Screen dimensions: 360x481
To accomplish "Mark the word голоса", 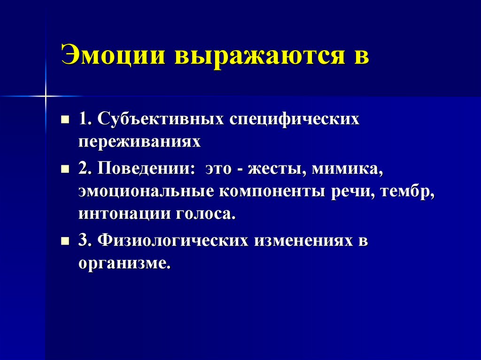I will pos(205,214).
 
